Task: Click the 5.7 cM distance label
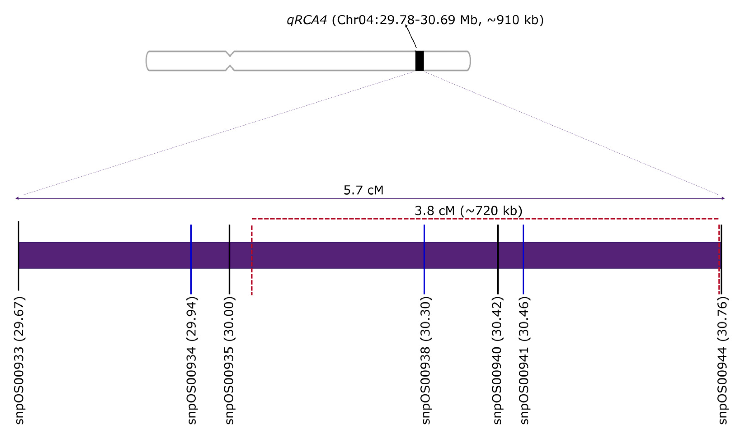tap(363, 190)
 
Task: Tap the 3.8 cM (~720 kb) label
tap(469, 211)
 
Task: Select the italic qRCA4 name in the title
tap(307, 20)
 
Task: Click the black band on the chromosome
tap(419, 61)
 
